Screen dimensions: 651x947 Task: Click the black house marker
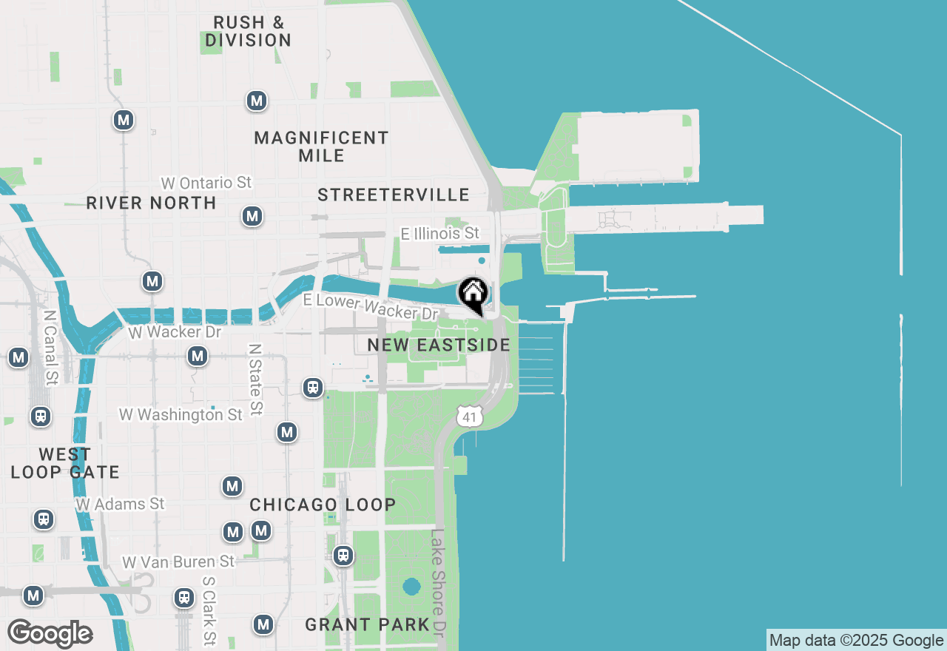(473, 294)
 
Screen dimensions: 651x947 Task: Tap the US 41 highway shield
(469, 416)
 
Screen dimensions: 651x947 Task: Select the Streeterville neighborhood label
(394, 195)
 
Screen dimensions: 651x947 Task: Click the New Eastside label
(439, 345)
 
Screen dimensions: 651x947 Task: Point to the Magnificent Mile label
(321, 146)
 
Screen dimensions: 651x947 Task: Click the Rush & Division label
(248, 31)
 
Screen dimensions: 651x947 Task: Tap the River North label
(151, 203)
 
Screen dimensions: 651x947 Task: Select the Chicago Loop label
(323, 505)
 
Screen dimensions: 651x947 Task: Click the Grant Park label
(367, 624)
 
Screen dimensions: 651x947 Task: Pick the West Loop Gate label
(65, 463)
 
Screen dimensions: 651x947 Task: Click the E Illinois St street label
(439, 234)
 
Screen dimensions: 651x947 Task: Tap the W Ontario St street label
(206, 183)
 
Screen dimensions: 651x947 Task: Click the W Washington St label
(181, 415)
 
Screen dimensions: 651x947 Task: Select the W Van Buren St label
(178, 562)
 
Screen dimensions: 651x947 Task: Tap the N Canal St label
(50, 347)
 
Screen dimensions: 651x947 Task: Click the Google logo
(50, 634)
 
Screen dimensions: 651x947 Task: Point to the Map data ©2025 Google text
(856, 641)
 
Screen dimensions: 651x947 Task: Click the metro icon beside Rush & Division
(257, 101)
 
